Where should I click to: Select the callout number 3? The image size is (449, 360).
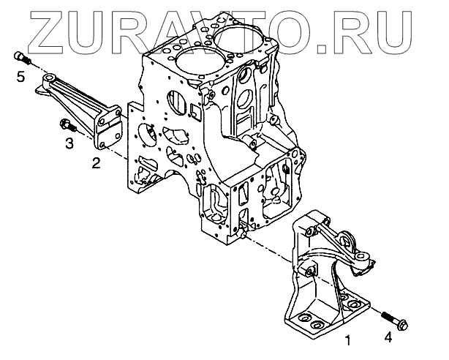click(68, 143)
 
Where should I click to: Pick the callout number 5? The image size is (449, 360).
click(21, 76)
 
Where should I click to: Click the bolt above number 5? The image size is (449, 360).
click(21, 58)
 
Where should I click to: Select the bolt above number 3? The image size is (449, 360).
click(64, 126)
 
